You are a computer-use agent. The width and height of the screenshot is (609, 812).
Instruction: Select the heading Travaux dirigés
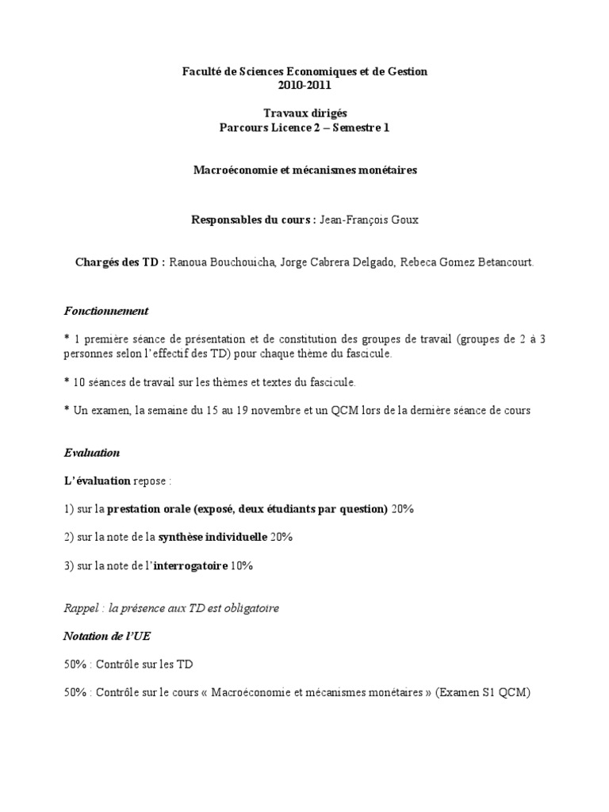pyautogui.click(x=304, y=114)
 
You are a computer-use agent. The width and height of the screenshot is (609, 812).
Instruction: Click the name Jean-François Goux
pyautogui.click(x=368, y=220)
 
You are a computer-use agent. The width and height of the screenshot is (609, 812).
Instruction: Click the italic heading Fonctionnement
pyautogui.click(x=106, y=311)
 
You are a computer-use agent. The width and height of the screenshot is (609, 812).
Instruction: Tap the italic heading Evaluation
pyautogui.click(x=92, y=453)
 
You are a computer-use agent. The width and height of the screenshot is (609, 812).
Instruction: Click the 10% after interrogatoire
pyautogui.click(x=241, y=566)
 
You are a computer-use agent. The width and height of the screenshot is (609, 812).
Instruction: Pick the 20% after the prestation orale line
pyautogui.click(x=402, y=509)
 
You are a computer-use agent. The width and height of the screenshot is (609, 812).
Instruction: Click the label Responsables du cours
pyautogui.click(x=253, y=220)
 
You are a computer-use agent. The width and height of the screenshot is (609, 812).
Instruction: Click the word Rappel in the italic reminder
pyautogui.click(x=81, y=608)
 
